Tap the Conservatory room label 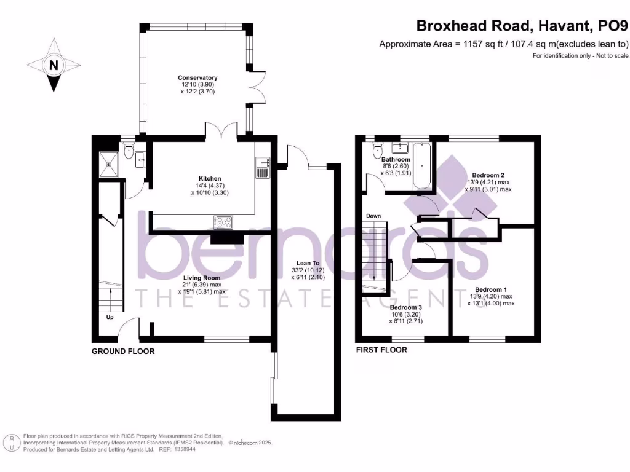[197, 78]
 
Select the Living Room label [201, 278]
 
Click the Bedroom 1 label [491, 289]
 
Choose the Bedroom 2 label [488, 175]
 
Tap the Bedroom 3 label [405, 307]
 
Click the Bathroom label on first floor [395, 160]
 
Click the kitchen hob [223, 222]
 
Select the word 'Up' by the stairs [110, 318]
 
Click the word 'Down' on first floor [373, 216]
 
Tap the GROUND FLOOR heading [123, 351]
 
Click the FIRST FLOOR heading [381, 350]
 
